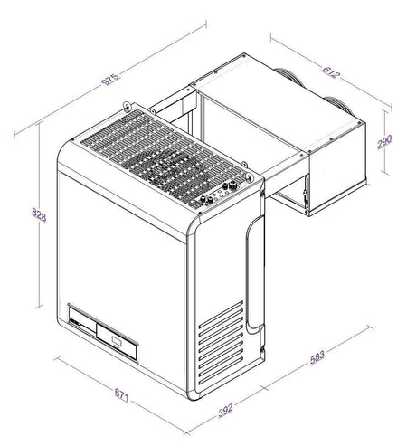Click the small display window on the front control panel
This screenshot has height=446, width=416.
[x=118, y=340]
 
